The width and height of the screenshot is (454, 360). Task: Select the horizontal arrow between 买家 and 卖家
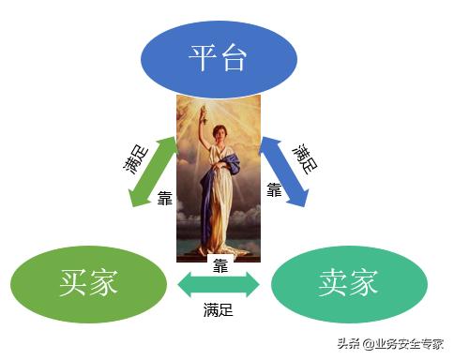click(x=219, y=281)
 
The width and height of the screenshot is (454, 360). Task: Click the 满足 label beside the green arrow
click(x=131, y=158)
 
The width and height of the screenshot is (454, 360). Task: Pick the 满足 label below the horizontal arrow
click(x=219, y=308)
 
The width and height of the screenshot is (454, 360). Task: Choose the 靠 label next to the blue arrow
click(x=274, y=190)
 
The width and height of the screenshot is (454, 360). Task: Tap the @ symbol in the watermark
click(x=370, y=344)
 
